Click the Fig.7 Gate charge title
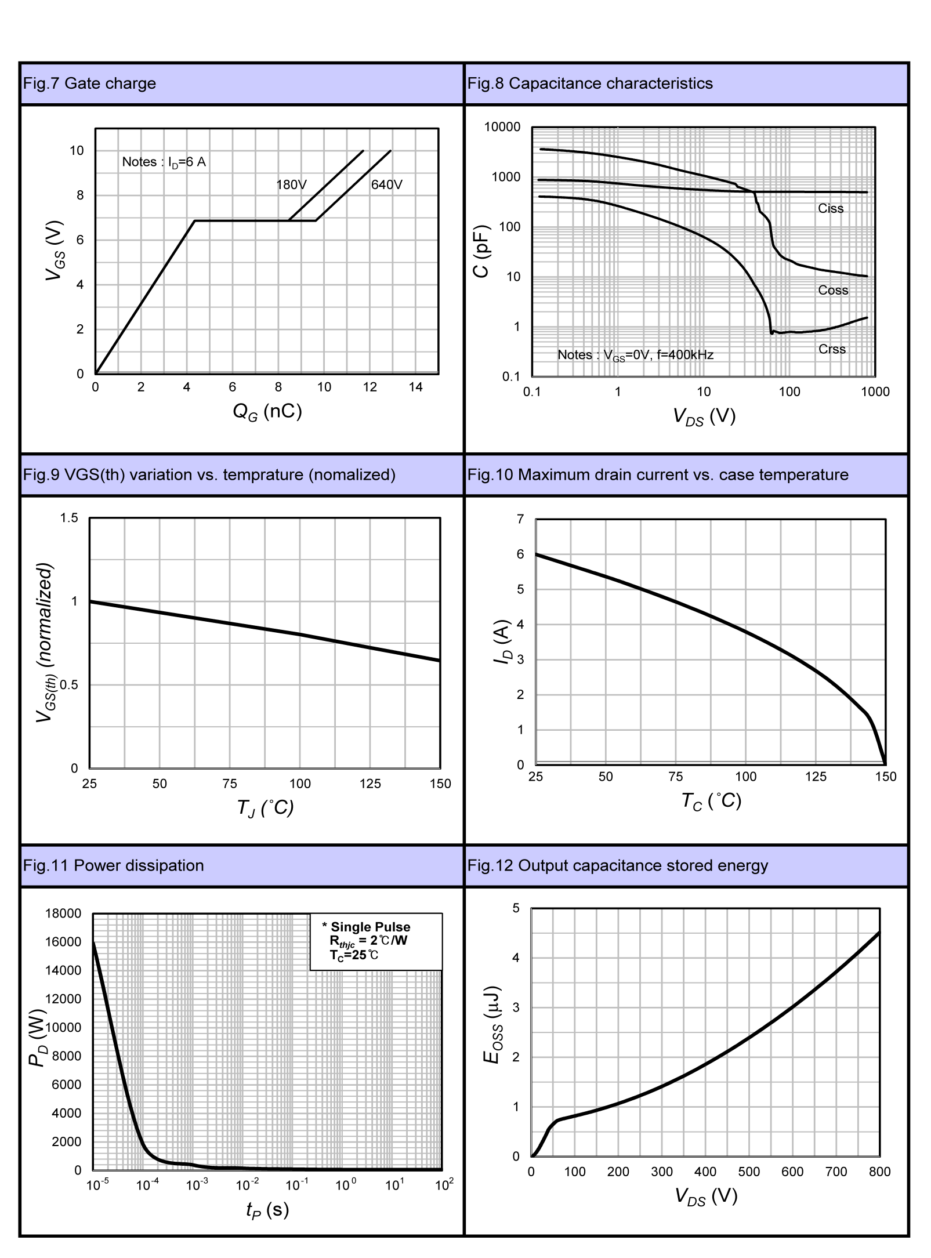pos(89,84)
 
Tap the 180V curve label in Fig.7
pos(291,185)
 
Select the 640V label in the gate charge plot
pos(386,185)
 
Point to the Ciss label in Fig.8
pos(830,209)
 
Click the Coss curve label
pos(833,291)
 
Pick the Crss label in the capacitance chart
pos(832,349)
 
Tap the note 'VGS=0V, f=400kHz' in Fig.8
pos(635,355)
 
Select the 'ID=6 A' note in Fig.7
pos(164,162)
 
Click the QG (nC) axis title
pos(267,412)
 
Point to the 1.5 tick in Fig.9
pos(69,518)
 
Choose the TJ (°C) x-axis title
pos(265,807)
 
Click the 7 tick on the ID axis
pos(520,519)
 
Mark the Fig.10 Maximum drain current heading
pos(657,475)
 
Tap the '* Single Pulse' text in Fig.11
pos(366,927)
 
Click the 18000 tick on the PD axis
pos(63,913)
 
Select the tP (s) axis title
pos(267,1209)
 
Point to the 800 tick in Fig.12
pos(879,1172)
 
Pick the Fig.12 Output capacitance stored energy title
pos(617,866)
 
